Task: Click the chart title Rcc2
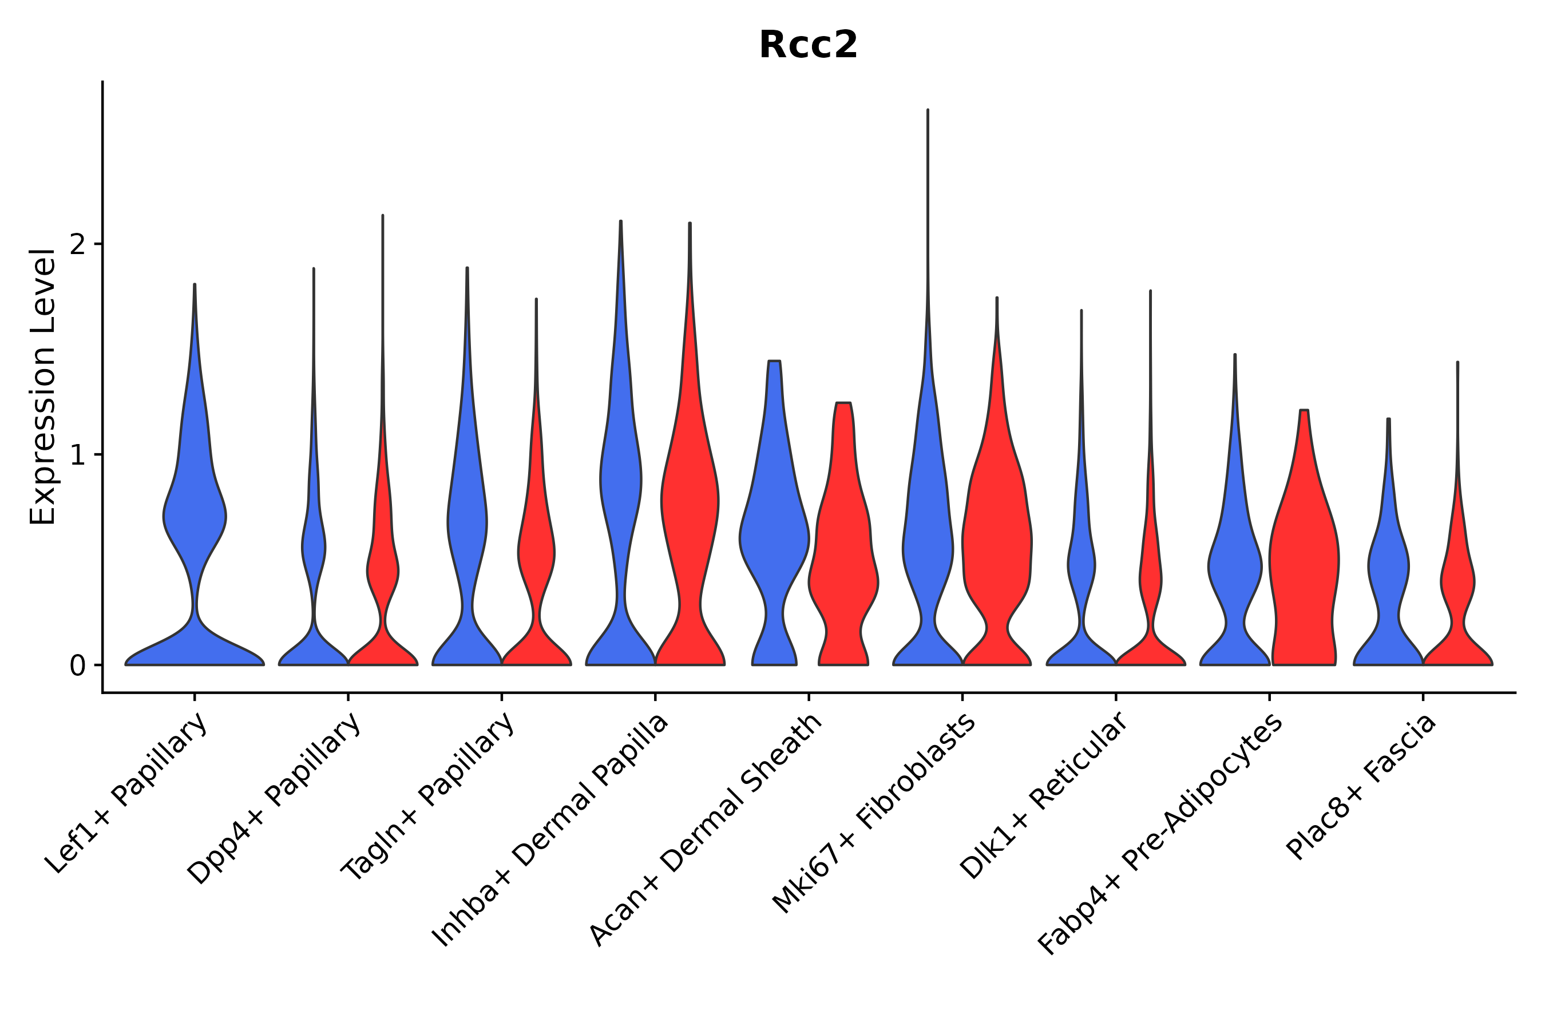(x=808, y=45)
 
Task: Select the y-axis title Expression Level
(x=43, y=387)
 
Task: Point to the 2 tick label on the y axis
(x=77, y=244)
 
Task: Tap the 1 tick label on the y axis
(x=77, y=455)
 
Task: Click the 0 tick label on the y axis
(x=77, y=666)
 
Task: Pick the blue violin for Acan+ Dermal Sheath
(x=774, y=538)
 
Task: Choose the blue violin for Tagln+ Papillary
(x=467, y=525)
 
